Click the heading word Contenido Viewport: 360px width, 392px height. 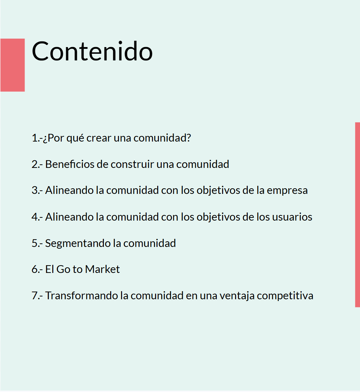pyautogui.click(x=92, y=51)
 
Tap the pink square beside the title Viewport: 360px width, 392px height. pyautogui.click(x=13, y=65)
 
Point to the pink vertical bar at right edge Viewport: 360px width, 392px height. pyautogui.click(x=357, y=215)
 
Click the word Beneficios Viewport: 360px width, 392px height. pyautogui.click(x=70, y=164)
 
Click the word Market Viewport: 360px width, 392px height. pyautogui.click(x=102, y=269)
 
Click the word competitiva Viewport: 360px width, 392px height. pyautogui.click(x=285, y=296)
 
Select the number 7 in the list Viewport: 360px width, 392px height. pyautogui.click(x=35, y=296)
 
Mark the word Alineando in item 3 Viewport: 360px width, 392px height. pyautogui.click(x=69, y=191)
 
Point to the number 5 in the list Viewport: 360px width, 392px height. pyautogui.click(x=35, y=243)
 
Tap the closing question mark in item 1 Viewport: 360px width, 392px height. pyautogui.click(x=189, y=138)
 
